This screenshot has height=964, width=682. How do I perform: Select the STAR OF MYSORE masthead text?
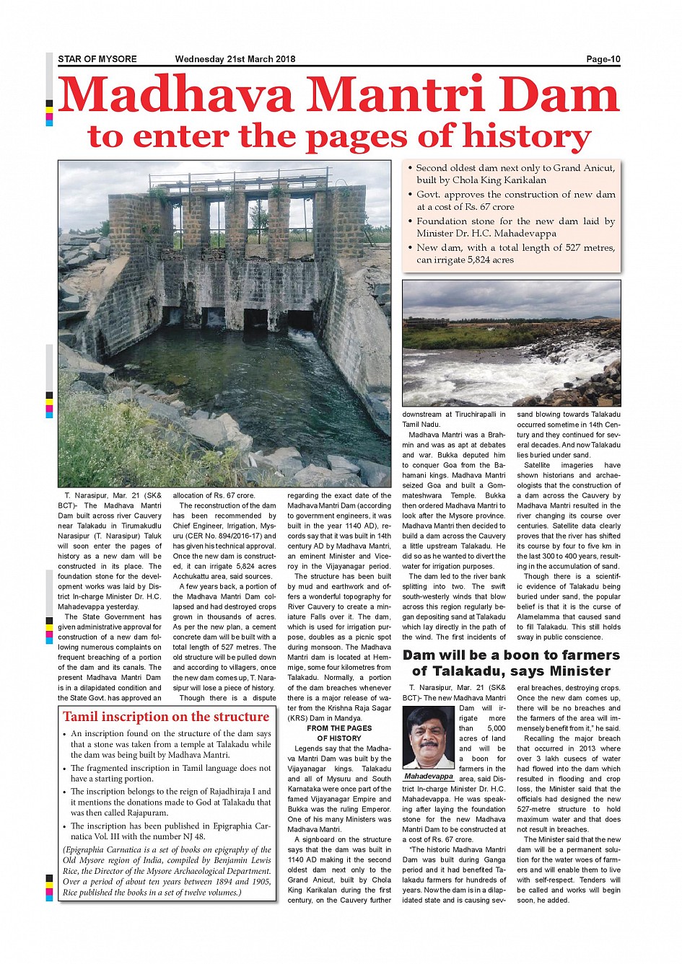click(97, 59)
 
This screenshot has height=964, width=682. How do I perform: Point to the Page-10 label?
click(603, 59)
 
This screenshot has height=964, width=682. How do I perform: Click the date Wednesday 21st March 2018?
click(235, 59)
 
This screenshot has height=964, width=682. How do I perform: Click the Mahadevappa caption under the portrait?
click(429, 777)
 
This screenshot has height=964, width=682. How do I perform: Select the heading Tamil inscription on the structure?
click(166, 717)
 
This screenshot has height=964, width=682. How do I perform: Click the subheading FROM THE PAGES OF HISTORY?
click(339, 733)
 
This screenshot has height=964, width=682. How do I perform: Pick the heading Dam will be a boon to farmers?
click(511, 655)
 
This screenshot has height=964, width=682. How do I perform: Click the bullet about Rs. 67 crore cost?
click(515, 200)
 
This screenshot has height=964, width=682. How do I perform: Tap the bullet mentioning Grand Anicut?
click(515, 174)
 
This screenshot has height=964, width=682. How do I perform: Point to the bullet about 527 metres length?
click(515, 254)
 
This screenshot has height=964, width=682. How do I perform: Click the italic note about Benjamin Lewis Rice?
click(167, 871)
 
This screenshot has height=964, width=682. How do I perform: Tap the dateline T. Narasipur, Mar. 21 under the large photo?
click(112, 496)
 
